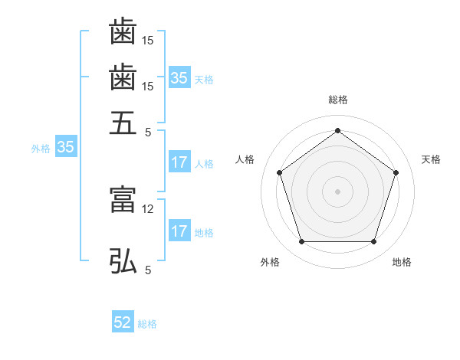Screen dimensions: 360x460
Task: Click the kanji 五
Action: click(123, 123)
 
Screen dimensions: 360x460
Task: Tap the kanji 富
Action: click(123, 201)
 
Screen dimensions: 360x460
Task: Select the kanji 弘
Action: click(123, 260)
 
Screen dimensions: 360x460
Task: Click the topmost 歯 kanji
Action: click(123, 32)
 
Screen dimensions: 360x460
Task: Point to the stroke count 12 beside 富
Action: click(149, 208)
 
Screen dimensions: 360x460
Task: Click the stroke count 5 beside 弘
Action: click(148, 270)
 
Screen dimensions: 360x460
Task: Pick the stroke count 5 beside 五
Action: click(148, 131)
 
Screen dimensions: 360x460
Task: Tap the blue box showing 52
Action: click(123, 323)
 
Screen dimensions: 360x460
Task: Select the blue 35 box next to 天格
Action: click(179, 77)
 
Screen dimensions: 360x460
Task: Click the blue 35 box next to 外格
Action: click(65, 148)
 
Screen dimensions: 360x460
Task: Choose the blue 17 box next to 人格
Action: click(179, 162)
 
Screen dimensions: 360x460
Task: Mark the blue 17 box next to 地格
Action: click(179, 231)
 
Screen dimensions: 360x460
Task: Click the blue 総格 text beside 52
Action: click(147, 324)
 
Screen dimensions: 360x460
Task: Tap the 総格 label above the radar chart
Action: click(337, 100)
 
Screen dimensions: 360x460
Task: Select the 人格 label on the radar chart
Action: click(245, 159)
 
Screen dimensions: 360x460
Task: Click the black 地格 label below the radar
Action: click(402, 262)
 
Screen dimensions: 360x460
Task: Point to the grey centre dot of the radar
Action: click(337, 191)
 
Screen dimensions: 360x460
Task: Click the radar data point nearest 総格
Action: click(337, 130)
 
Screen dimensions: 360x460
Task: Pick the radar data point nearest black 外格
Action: click(301, 242)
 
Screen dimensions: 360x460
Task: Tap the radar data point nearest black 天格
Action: click(396, 172)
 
